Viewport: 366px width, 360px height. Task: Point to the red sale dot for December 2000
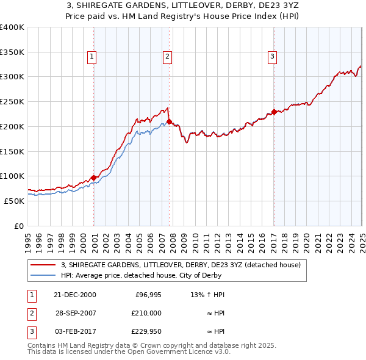tap(94, 178)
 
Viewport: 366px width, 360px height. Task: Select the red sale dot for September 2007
tap(169, 121)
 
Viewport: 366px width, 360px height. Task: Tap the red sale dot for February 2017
tap(274, 112)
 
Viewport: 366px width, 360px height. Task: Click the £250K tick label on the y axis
tap(12, 101)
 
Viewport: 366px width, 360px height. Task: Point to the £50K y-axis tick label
tap(14, 200)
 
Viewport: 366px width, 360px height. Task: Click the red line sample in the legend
tap(44, 265)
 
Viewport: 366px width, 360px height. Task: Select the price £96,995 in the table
tap(148, 295)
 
